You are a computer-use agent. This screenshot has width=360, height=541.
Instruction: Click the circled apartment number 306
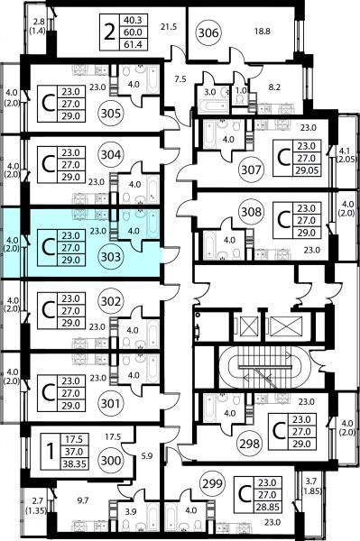[208, 32]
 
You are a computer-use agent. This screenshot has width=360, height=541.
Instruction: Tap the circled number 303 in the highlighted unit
[111, 257]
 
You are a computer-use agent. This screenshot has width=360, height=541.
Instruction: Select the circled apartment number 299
[212, 483]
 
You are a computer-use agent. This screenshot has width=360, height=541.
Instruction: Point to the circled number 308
[251, 211]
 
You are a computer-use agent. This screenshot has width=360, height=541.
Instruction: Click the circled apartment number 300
[110, 460]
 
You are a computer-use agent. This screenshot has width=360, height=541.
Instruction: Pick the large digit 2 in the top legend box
[109, 32]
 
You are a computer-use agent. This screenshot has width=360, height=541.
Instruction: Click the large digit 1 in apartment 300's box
[51, 452]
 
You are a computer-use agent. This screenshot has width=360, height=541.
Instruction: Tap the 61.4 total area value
[133, 44]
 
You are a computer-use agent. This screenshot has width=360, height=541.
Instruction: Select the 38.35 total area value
[74, 463]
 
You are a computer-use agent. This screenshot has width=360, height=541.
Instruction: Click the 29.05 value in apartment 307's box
[307, 170]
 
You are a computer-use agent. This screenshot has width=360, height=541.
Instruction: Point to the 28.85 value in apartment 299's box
[267, 507]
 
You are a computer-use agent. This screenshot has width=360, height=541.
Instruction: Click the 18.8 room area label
[262, 32]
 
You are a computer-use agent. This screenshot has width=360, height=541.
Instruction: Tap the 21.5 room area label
[169, 26]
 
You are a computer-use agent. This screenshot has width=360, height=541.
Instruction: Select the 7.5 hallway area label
[180, 79]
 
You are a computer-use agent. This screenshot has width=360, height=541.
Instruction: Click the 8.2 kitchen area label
[274, 87]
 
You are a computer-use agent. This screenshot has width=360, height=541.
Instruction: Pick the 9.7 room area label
[83, 500]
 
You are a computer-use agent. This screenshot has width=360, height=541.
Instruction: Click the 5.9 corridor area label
[147, 455]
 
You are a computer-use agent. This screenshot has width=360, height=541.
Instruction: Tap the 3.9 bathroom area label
[132, 511]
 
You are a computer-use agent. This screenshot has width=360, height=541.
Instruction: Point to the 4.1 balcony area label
[346, 151]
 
